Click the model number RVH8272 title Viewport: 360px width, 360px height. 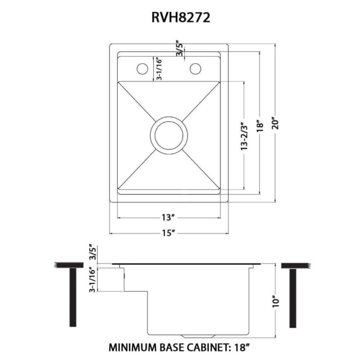click(179, 17)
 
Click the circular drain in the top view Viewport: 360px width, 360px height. click(169, 135)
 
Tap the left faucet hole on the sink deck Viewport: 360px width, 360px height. click(141, 68)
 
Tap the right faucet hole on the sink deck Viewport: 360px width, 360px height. click(195, 68)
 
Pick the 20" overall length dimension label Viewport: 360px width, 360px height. click(277, 124)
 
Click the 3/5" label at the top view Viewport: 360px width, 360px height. click(179, 50)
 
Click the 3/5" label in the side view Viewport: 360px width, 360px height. click(93, 253)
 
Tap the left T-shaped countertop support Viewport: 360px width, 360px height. click(69, 293)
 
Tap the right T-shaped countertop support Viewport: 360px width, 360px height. click(293, 293)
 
